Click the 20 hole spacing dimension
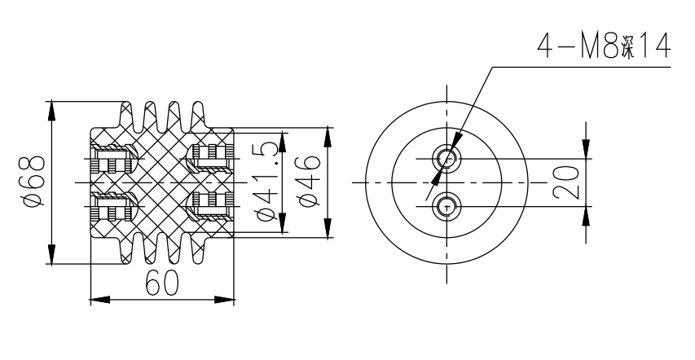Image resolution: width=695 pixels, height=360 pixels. [x=570, y=181]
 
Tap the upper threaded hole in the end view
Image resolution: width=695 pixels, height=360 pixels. [x=445, y=156]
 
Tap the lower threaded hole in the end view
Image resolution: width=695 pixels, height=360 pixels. [x=445, y=207]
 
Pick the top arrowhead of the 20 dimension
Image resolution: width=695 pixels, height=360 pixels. [x=587, y=148]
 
